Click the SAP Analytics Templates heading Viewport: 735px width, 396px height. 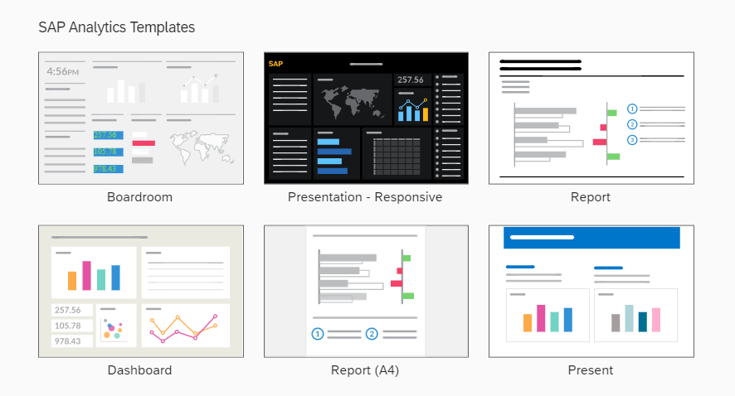point(117,27)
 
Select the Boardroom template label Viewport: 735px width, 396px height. point(139,197)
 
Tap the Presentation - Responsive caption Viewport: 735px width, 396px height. point(365,197)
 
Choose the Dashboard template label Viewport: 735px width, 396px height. point(139,370)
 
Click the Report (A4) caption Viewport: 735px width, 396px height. point(365,370)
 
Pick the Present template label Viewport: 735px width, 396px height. point(591,370)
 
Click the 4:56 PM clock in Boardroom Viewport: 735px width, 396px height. point(63,71)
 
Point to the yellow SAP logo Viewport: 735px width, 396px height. point(275,64)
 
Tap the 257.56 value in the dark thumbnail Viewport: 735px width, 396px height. point(411,80)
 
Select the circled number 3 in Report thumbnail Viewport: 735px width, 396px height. point(632,139)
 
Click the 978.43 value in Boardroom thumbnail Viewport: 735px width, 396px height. point(109,168)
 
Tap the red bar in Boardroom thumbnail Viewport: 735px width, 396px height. point(144,143)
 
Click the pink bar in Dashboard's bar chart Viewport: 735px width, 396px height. point(87,276)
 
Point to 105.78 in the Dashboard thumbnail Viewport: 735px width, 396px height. point(68,326)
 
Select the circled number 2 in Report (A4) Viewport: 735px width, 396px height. point(372,334)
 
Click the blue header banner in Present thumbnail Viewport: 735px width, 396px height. point(591,238)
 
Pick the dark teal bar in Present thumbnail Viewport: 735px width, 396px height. point(642,322)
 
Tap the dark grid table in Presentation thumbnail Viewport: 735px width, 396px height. point(397,157)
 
